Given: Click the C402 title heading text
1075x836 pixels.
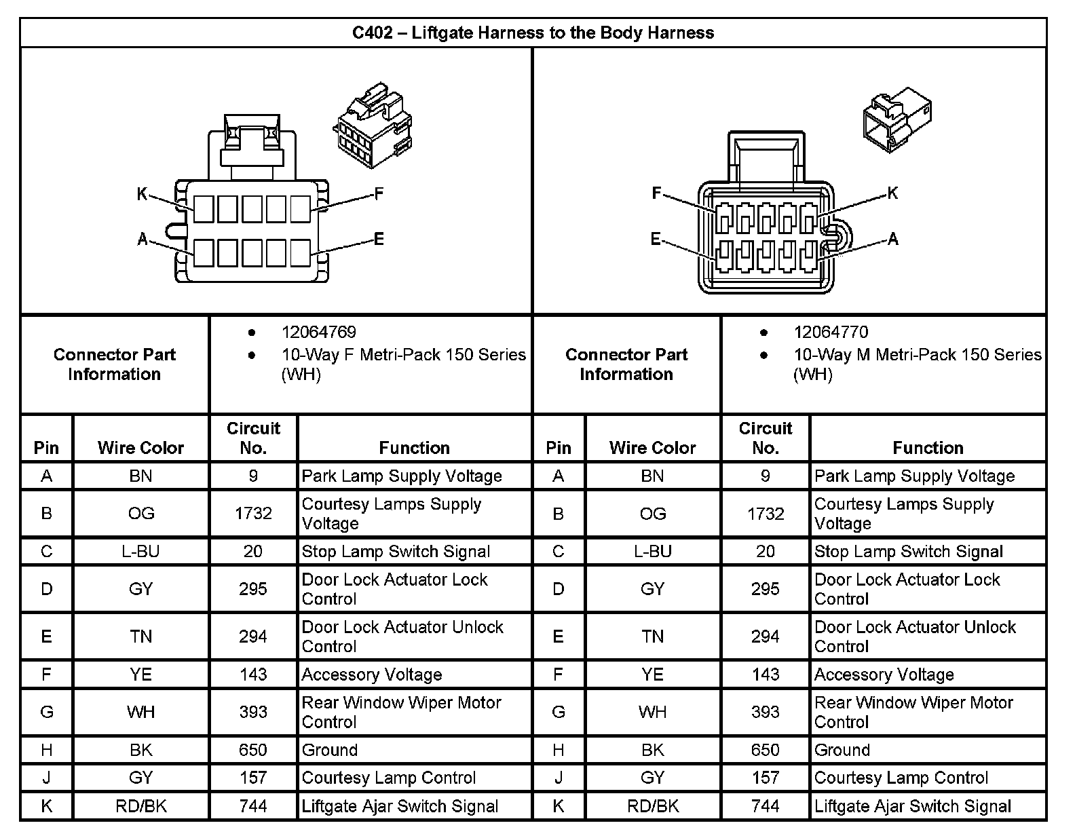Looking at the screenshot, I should tap(533, 33).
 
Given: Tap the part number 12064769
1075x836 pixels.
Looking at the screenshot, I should tap(318, 332).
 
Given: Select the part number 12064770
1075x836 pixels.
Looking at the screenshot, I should tap(831, 332).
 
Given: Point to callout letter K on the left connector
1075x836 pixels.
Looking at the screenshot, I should tap(142, 195).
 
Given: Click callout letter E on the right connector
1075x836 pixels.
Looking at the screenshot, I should tap(656, 239).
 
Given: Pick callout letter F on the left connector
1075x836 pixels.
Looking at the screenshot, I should tap(379, 194).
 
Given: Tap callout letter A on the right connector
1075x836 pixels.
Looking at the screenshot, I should tap(893, 239).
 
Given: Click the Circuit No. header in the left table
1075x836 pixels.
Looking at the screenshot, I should tap(253, 438).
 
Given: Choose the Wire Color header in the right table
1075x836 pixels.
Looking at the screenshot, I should tap(652, 448).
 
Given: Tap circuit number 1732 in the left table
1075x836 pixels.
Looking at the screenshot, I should tap(253, 514).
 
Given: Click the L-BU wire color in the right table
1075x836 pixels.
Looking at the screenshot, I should tap(652, 551).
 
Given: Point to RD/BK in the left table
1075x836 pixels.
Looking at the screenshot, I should tap(141, 806).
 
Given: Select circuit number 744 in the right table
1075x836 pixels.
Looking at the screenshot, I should tap(765, 806).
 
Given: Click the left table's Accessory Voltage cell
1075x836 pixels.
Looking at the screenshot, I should tap(372, 674).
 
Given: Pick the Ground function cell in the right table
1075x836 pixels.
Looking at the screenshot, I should tap(842, 750).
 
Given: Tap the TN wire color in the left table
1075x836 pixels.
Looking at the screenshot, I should tap(141, 636).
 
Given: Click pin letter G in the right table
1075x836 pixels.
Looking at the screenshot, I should tap(559, 712).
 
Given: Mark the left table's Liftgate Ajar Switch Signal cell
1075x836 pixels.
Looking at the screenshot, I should tap(400, 806).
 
